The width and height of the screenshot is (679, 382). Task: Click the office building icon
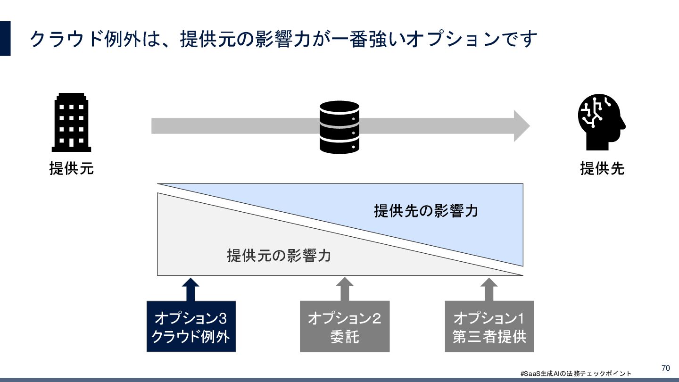(x=71, y=123)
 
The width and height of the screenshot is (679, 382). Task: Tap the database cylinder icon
(x=339, y=127)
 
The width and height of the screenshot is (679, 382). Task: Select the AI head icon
(x=601, y=122)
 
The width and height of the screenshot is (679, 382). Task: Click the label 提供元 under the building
(x=71, y=168)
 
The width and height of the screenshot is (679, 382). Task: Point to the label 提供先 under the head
(x=602, y=168)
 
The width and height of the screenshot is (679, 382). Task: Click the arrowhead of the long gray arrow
(x=521, y=126)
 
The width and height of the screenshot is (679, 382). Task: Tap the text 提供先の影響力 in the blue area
(x=426, y=210)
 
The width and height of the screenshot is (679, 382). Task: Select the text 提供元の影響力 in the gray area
(x=279, y=256)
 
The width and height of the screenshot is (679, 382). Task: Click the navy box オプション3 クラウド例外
(x=191, y=327)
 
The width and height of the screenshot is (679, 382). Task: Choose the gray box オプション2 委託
(x=345, y=327)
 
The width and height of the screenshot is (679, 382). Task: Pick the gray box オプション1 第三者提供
(x=489, y=327)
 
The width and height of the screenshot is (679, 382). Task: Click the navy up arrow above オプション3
(x=190, y=289)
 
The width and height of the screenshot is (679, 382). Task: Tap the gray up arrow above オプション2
(x=345, y=289)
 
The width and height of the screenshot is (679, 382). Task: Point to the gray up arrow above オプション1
(x=489, y=289)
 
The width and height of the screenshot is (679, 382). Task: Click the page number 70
(x=666, y=368)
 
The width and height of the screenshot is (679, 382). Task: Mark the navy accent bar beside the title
(x=5, y=38)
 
